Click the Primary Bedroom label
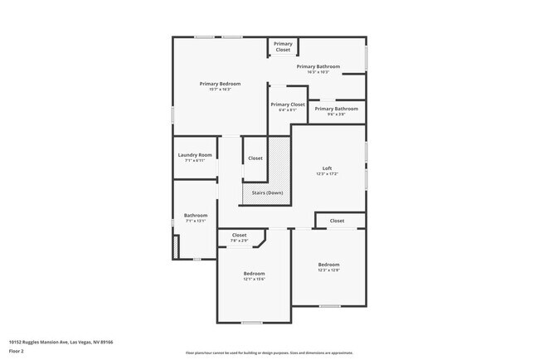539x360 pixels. pyautogui.click(x=220, y=84)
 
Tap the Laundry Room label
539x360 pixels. pyautogui.click(x=195, y=155)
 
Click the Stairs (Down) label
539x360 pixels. pyautogui.click(x=267, y=192)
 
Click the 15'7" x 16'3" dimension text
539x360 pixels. pyautogui.click(x=220, y=90)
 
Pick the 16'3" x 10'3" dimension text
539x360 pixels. pyautogui.click(x=318, y=72)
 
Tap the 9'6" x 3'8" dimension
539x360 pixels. pyautogui.click(x=336, y=114)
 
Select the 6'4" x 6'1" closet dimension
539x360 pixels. pyautogui.click(x=287, y=110)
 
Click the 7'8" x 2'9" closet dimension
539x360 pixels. pyautogui.click(x=239, y=241)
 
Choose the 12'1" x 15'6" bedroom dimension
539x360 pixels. pyautogui.click(x=254, y=280)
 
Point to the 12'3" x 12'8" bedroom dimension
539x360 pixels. pyautogui.click(x=328, y=270)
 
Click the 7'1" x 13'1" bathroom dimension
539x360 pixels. pyautogui.click(x=196, y=221)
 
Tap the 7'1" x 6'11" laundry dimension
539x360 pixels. pyautogui.click(x=195, y=161)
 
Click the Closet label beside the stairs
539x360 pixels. pyautogui.click(x=255, y=158)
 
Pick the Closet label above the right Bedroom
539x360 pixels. pyautogui.click(x=337, y=221)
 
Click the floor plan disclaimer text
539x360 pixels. pyautogui.click(x=269, y=352)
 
